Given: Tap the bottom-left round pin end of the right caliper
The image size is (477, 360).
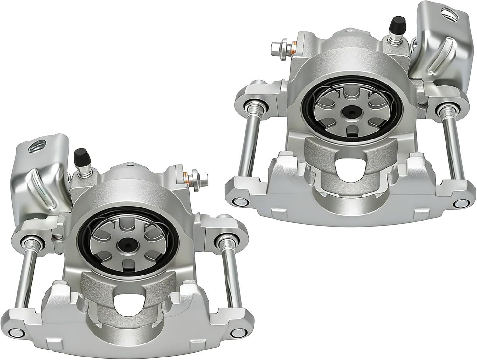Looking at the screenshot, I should click(x=237, y=201).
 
